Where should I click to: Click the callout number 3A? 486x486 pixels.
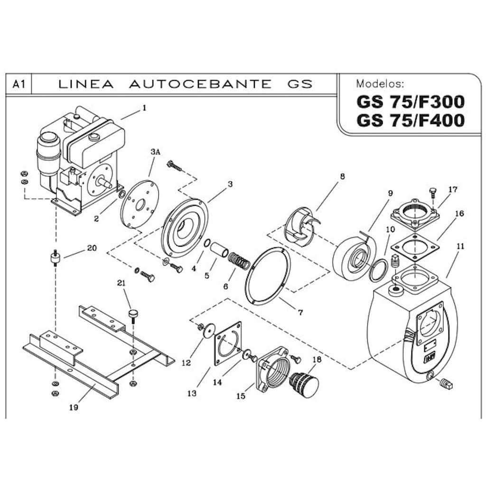tap(155, 152)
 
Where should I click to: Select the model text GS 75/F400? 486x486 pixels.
tap(410, 121)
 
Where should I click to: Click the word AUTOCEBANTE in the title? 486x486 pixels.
tap(200, 84)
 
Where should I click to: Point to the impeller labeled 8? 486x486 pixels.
tap(300, 227)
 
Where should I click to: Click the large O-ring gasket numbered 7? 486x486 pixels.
tap(268, 275)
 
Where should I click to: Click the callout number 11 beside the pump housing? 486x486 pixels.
tap(460, 246)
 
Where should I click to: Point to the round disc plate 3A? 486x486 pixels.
tap(140, 205)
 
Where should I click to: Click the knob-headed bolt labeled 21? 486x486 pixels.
tap(133, 314)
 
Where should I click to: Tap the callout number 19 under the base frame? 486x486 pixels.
tap(73, 407)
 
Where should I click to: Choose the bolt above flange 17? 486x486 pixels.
tap(432, 192)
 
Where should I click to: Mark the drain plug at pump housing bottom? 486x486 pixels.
tap(446, 384)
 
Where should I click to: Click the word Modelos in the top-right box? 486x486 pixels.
tap(380, 84)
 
